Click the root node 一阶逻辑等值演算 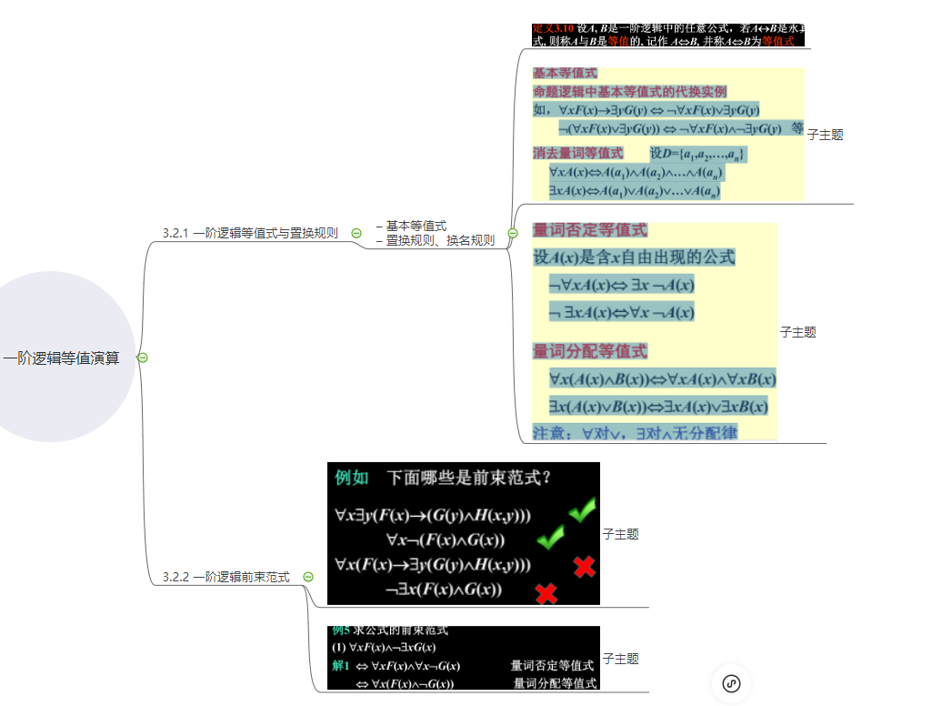62,358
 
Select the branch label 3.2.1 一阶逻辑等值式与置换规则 250,234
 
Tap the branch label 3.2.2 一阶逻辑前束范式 226,577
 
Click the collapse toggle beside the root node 142,358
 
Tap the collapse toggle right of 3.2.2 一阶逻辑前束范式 308,577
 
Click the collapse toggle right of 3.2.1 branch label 356,234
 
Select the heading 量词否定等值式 590,230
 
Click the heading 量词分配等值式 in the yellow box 590,351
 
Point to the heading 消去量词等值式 578,153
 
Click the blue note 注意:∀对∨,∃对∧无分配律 636,432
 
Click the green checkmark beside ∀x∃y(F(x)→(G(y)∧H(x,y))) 581,512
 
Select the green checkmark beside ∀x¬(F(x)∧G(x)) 550,539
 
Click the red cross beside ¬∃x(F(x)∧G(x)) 546,593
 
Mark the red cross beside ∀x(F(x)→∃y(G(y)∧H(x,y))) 585,567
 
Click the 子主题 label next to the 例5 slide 620,659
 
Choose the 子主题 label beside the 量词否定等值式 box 797,332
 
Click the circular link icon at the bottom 732,684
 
